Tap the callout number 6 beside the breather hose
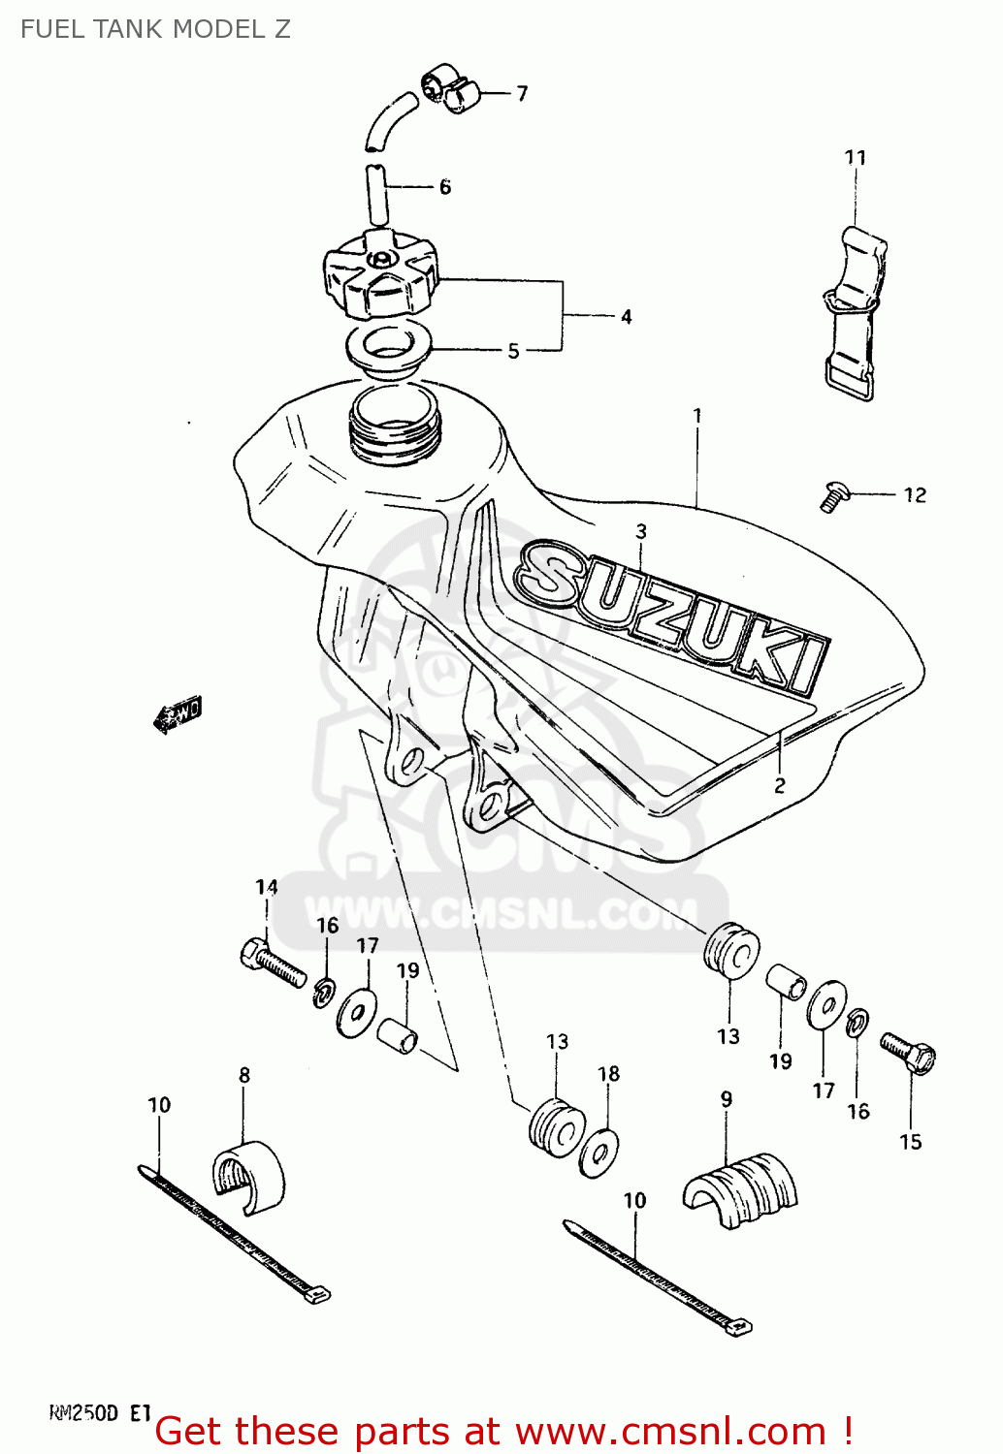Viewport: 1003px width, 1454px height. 444,187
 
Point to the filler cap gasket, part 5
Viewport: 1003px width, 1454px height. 388,348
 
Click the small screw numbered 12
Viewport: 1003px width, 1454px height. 832,496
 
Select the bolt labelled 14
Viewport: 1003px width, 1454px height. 272,963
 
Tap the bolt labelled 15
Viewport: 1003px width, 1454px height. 908,1053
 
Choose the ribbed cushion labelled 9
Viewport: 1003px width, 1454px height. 739,1190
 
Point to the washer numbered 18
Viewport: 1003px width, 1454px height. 599,1153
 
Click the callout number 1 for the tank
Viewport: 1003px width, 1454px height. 696,415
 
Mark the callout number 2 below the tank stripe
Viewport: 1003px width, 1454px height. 779,785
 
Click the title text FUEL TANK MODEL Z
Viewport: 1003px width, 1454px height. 155,29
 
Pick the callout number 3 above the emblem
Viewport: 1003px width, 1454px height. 640,531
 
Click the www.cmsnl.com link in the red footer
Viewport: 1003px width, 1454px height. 669,1432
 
